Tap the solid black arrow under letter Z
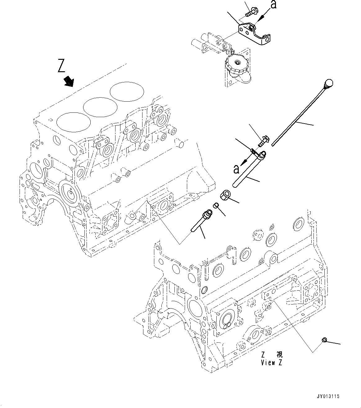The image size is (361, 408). [x=69, y=82]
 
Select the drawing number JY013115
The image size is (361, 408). [x=329, y=396]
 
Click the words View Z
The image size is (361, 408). [x=272, y=363]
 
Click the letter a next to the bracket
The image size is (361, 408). [x=273, y=5]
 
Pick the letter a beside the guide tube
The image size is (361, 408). [x=236, y=169]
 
